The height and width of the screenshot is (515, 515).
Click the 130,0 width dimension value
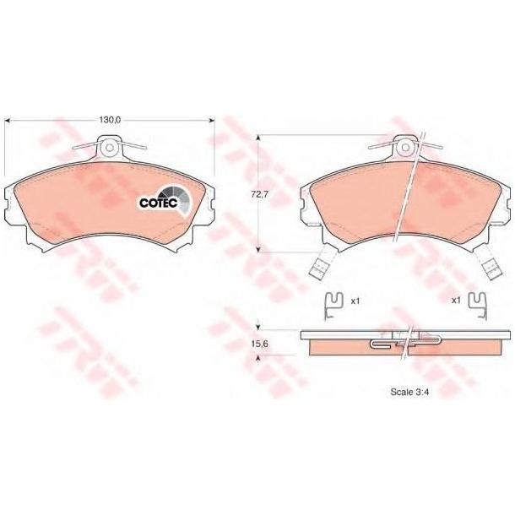[111, 120]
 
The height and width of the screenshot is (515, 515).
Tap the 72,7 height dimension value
[260, 194]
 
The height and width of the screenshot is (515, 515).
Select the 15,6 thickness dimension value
[260, 344]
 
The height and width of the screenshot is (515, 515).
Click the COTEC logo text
[159, 203]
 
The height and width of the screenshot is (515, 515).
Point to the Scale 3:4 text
[410, 392]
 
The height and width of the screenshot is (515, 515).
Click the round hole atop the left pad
[110, 147]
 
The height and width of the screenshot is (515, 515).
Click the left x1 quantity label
[355, 301]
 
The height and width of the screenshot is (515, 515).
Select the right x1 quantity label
[456, 301]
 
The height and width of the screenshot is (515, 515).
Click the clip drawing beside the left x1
[333, 306]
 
